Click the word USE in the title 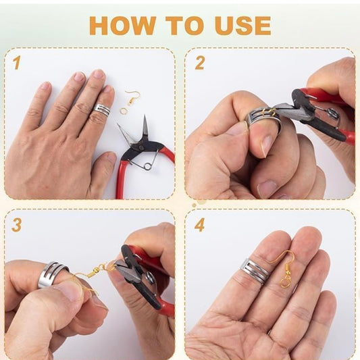point(243,25)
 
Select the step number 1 point(17,63)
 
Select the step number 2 point(199,63)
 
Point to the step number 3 point(16,225)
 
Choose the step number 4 point(199,225)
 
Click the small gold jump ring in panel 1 point(124,109)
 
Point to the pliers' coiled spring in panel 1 point(148,165)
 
